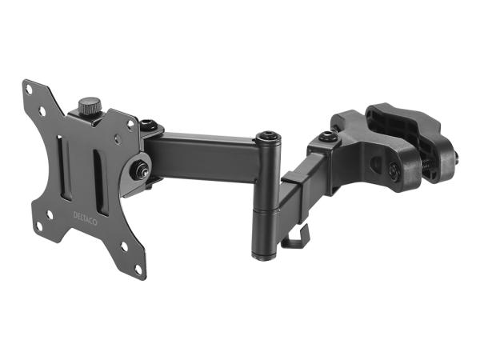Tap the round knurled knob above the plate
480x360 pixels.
88,105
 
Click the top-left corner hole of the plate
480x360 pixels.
30,90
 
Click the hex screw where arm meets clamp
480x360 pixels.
326,137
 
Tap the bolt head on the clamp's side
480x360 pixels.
394,169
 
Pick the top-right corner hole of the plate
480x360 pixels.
130,123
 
